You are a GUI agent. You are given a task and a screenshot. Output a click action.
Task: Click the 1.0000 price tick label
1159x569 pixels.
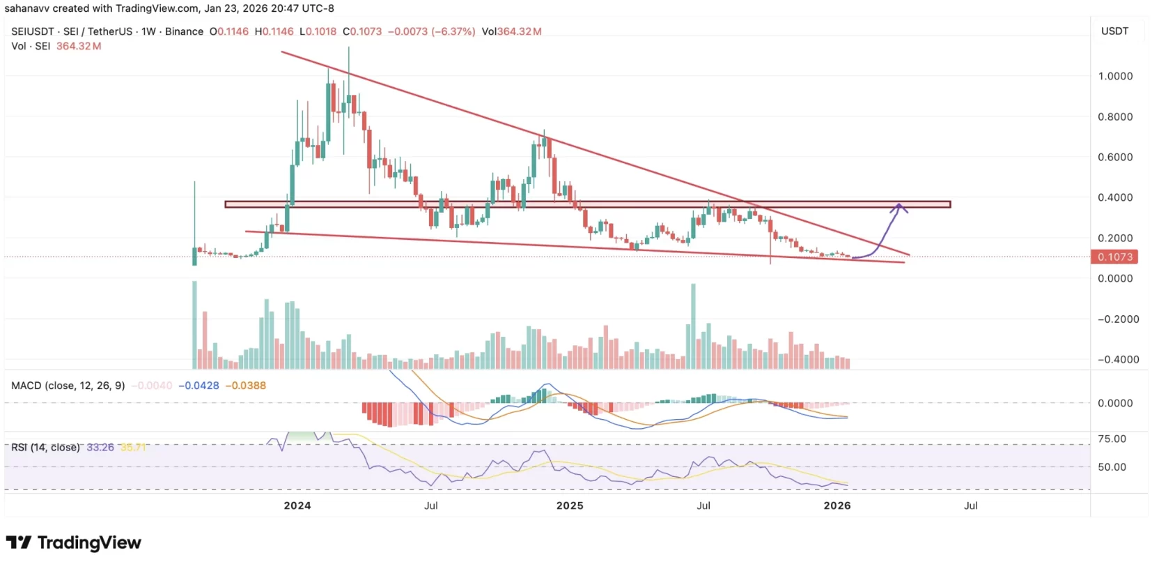[x=1115, y=76]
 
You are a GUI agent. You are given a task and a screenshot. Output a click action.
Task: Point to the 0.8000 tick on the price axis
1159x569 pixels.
[x=1115, y=116]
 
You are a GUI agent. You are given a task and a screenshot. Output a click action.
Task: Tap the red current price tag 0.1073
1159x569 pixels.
[x=1114, y=257]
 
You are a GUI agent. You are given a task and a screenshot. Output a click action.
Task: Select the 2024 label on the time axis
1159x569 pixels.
[x=297, y=506]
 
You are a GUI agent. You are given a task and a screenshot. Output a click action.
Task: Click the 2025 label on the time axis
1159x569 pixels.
[x=570, y=506]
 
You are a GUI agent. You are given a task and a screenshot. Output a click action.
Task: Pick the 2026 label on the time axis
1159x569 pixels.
[x=837, y=506]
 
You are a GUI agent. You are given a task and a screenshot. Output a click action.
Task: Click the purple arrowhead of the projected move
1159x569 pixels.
[x=899, y=206]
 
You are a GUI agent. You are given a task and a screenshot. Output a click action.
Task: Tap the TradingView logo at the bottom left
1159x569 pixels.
[x=73, y=543]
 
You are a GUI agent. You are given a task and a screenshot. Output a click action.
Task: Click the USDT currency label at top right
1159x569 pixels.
[x=1114, y=31]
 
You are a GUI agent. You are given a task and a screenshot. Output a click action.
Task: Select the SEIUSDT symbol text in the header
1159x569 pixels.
[x=34, y=31]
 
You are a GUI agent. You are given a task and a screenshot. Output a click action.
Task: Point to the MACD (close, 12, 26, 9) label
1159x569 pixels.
[x=68, y=386]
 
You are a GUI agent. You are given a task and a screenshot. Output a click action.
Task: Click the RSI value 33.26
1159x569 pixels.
[x=100, y=448]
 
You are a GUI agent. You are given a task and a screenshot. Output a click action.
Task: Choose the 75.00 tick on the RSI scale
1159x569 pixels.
[x=1112, y=439]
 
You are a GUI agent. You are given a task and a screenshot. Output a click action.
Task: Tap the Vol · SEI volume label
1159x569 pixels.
[x=31, y=46]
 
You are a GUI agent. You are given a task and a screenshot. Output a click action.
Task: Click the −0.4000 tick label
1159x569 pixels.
[x=1118, y=359]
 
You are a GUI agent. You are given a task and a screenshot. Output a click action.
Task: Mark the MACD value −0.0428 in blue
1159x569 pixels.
[x=199, y=386]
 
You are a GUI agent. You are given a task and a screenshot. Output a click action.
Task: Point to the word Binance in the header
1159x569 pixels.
[x=184, y=31]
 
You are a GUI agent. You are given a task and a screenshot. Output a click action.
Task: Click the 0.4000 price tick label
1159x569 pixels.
[x=1115, y=197]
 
